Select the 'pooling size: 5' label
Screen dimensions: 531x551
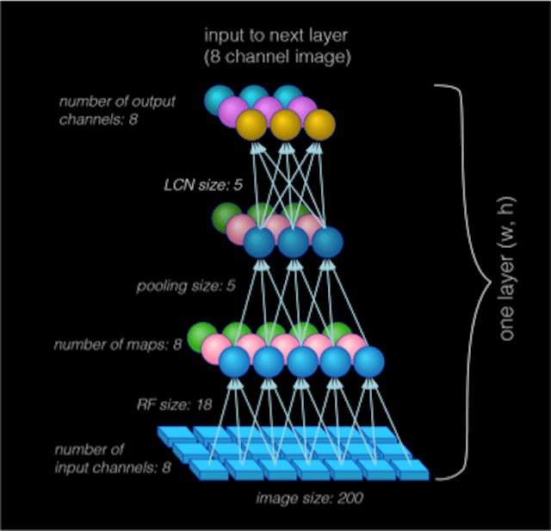pyautogui.click(x=185, y=285)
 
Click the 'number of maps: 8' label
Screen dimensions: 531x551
pyautogui.click(x=118, y=345)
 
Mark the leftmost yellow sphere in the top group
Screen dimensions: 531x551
pyautogui.click(x=251, y=126)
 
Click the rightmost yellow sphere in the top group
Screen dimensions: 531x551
pyautogui.click(x=319, y=126)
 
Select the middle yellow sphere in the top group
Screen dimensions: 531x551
pyautogui.click(x=285, y=126)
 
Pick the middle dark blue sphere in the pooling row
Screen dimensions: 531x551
pyautogui.click(x=293, y=242)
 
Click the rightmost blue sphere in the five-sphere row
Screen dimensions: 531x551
pyautogui.click(x=368, y=361)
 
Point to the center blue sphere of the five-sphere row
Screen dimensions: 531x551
pyautogui.click(x=302, y=361)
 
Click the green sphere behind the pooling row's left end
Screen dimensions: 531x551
pyautogui.click(x=227, y=215)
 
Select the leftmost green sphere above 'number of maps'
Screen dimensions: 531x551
pyautogui.click(x=201, y=336)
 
